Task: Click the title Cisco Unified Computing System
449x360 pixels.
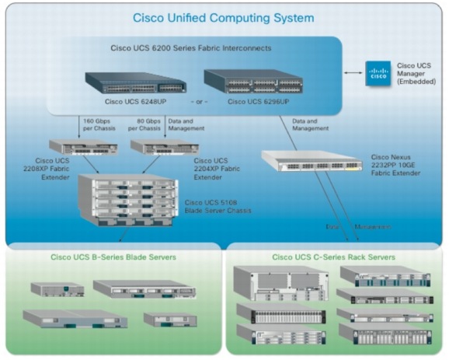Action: point(224,17)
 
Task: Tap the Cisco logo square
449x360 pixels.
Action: point(379,75)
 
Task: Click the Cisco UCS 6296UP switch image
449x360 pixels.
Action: point(253,81)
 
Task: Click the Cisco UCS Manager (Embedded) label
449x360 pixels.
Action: point(419,74)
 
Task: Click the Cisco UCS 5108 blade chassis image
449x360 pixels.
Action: point(129,197)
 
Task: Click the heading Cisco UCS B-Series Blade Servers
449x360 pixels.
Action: point(113,256)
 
